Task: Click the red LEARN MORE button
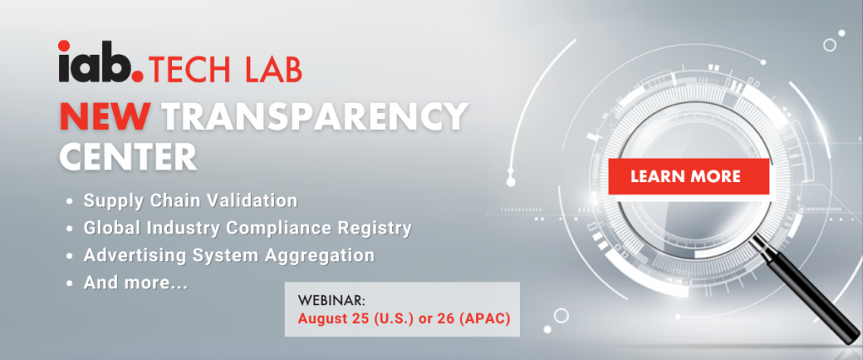point(689,176)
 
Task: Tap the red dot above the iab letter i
point(64,46)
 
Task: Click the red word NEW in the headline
point(105,117)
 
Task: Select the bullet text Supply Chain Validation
point(190,201)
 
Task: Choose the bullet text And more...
point(136,283)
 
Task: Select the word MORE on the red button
point(714,177)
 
